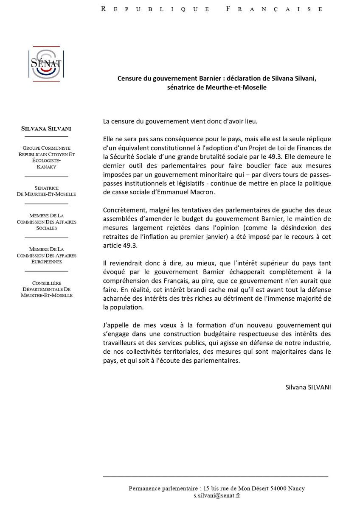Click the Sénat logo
pyautogui.click(x=46, y=63)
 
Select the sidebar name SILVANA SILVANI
pyautogui.click(x=46, y=129)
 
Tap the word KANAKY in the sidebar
pyautogui.click(x=46, y=167)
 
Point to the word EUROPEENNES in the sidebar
pyautogui.click(x=46, y=262)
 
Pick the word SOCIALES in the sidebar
pyautogui.click(x=46, y=228)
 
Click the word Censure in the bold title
pyautogui.click(x=130, y=78)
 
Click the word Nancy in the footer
pyautogui.click(x=296, y=489)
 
